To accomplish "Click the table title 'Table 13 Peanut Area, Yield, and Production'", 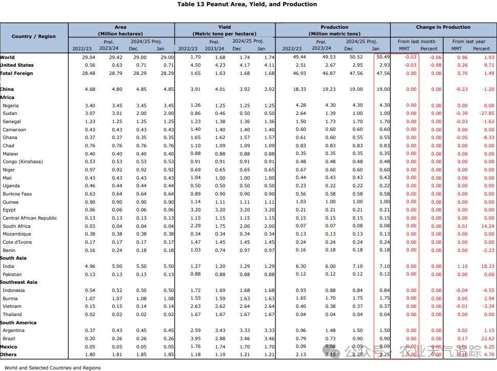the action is click(x=247, y=4).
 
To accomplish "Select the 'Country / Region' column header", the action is click(x=34, y=36).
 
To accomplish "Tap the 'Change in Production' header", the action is click(x=443, y=27).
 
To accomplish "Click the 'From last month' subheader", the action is click(x=416, y=42).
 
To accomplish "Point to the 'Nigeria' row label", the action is click(x=11, y=106).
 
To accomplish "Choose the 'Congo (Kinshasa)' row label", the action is click(x=23, y=162).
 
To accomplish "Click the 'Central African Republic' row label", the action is click(x=30, y=218).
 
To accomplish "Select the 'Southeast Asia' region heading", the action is click(x=18, y=282).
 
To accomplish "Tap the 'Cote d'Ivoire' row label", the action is click(x=17, y=242).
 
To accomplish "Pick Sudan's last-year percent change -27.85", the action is click(x=487, y=113).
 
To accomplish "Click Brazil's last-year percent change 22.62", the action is click(x=487, y=339).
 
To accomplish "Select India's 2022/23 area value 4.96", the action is click(x=90, y=266).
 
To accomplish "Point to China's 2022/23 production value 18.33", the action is click(x=300, y=89).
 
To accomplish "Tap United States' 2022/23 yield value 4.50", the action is click(x=195, y=65).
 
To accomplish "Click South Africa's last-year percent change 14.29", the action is click(x=487, y=226).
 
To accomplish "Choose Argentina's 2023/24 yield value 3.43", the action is click(x=220, y=330).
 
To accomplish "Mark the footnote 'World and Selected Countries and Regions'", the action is click(x=53, y=368).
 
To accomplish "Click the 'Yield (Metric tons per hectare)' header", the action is click(x=225, y=30).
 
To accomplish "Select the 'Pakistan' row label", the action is click(x=12, y=275).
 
